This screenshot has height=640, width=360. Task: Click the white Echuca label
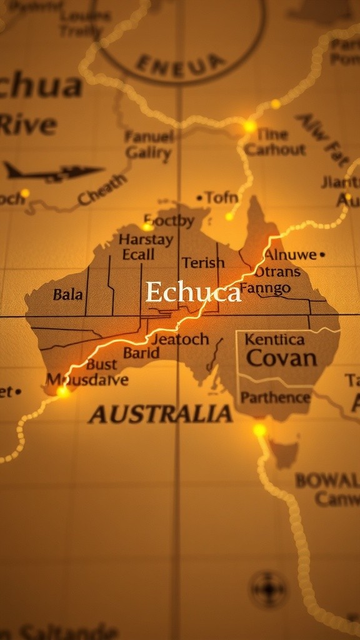click(x=193, y=292)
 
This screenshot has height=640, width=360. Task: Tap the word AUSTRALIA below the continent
click(x=161, y=414)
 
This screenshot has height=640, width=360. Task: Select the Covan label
click(x=281, y=358)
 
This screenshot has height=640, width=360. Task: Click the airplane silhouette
click(x=53, y=171)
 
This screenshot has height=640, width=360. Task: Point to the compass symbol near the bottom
click(x=268, y=589)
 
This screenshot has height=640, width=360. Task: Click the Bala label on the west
click(x=67, y=294)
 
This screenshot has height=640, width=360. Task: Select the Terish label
click(x=203, y=263)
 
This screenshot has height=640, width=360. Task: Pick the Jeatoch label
click(x=180, y=339)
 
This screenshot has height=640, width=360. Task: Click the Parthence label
click(x=275, y=397)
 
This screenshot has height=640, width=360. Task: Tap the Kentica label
click(x=274, y=339)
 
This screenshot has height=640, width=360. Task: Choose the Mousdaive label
click(x=87, y=379)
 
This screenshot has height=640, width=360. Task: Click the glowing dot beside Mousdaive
click(x=62, y=392)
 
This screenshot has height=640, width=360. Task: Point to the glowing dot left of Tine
click(x=249, y=126)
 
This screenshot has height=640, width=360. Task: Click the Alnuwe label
click(x=290, y=254)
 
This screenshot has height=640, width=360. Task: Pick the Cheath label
click(x=102, y=190)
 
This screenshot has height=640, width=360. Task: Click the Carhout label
click(x=275, y=149)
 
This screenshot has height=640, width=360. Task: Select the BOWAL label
click(x=327, y=481)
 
